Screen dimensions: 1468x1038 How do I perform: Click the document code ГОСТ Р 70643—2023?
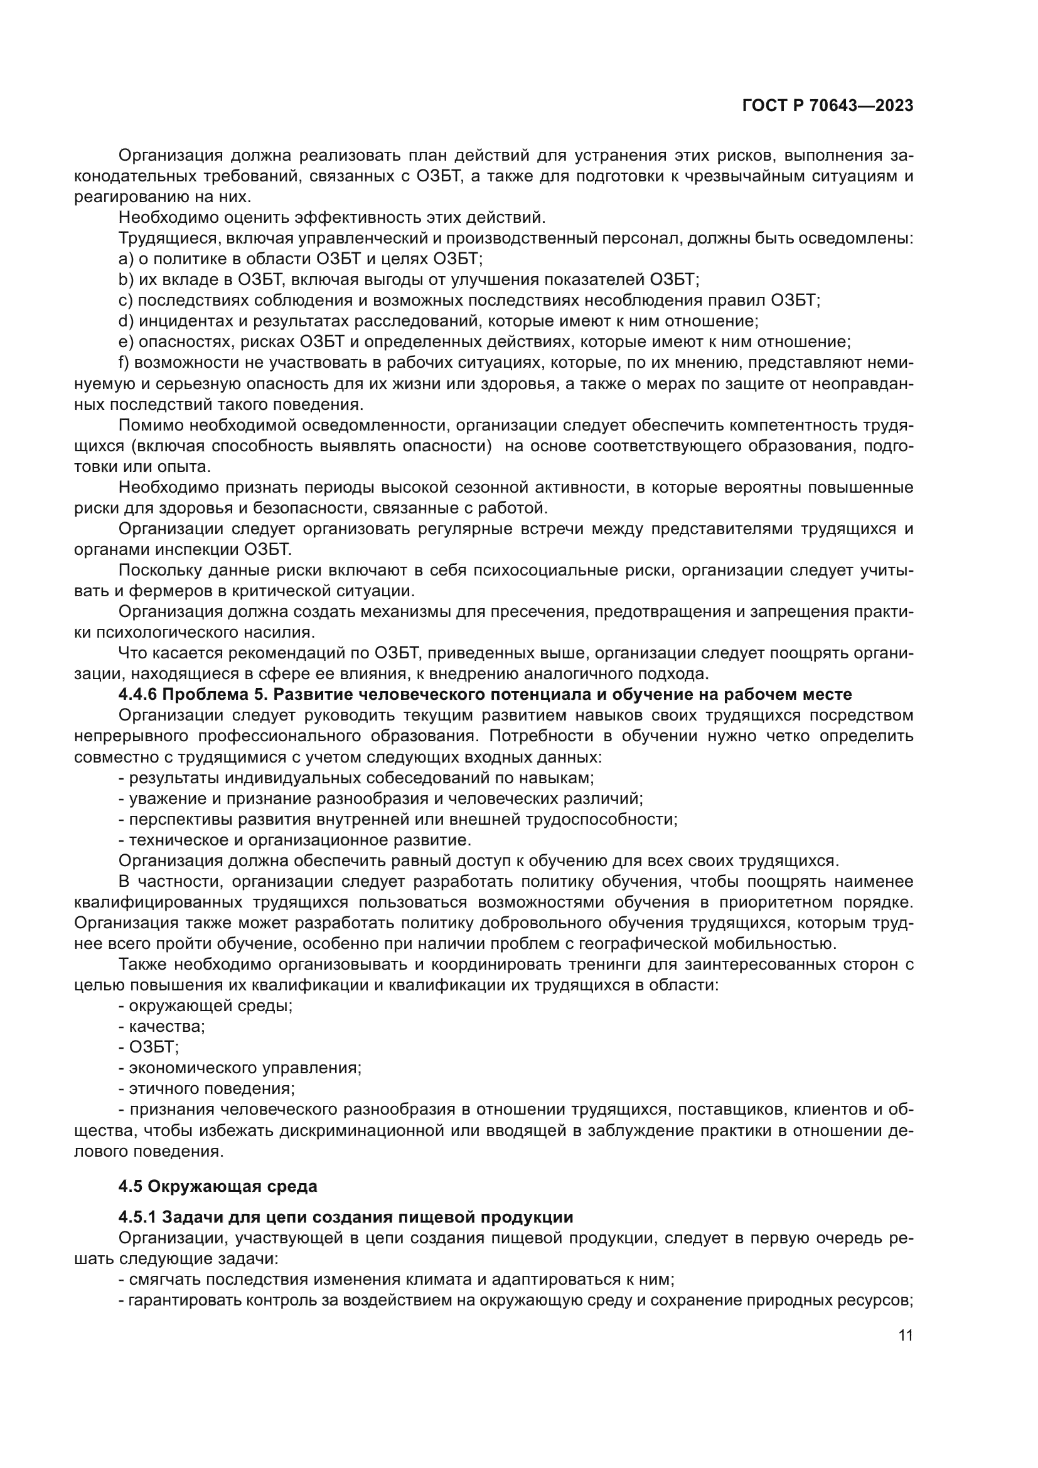(828, 106)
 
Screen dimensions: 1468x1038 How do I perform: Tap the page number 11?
(905, 1336)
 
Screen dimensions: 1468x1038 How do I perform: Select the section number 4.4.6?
(140, 694)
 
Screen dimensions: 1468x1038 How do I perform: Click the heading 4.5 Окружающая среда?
(217, 1187)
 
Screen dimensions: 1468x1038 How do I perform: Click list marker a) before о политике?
(125, 259)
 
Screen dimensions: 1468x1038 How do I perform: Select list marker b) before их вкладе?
(125, 279)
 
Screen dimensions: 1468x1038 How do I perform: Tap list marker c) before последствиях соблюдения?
(125, 301)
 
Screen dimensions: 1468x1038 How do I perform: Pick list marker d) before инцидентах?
(126, 321)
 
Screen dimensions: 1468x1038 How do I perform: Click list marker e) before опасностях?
(126, 342)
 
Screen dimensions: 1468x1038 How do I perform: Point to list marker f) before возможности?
(124, 363)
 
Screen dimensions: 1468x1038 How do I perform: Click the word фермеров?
(147, 591)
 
